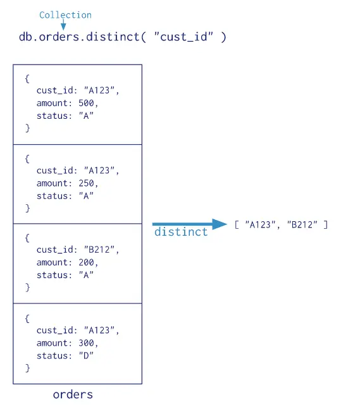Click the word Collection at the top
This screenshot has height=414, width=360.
(65, 15)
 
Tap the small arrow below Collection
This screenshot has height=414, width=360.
(63, 25)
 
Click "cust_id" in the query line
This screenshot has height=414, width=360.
(183, 37)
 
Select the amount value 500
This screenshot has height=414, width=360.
(86, 103)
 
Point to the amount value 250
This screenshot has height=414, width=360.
(86, 183)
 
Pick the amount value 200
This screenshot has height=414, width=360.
(86, 262)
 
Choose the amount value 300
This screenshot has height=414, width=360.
(86, 343)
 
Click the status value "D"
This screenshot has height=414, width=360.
(86, 356)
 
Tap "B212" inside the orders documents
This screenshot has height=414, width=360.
(99, 250)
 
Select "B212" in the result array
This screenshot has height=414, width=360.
(302, 224)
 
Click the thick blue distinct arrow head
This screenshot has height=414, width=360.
(220, 224)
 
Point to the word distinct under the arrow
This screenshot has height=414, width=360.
(181, 232)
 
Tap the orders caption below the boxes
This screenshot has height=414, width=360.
(73, 395)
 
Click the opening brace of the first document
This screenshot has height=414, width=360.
(27, 78)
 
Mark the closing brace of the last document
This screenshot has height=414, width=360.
(27, 368)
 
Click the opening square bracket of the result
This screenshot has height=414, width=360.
(237, 224)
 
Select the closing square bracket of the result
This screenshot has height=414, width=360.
(326, 224)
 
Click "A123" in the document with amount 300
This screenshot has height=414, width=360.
(99, 331)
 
